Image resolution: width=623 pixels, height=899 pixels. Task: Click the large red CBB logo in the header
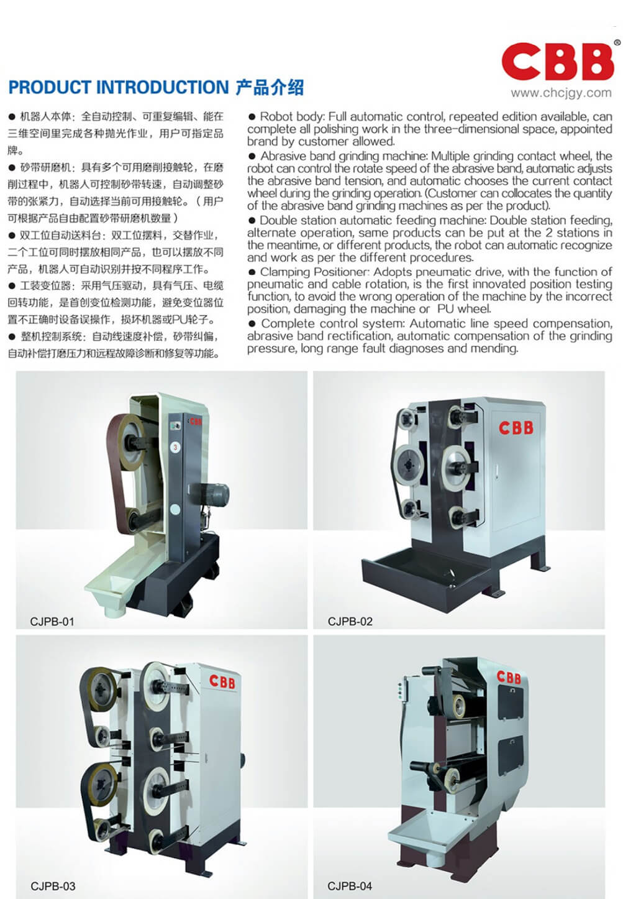557,61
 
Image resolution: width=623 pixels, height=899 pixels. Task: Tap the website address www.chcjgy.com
561,93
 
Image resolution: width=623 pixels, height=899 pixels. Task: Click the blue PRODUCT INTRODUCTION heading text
119,88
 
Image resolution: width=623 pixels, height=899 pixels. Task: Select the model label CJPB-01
52,622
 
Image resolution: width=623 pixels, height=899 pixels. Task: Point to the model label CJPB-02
350,621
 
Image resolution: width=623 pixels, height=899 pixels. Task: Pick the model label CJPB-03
53,886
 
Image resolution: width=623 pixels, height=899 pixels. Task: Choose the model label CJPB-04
350,885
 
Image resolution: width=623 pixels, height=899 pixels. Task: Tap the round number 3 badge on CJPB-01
175,447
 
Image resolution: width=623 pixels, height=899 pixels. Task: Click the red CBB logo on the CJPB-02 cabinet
516,428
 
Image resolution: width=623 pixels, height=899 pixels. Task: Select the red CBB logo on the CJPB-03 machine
222,681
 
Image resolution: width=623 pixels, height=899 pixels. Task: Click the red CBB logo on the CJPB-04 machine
509,678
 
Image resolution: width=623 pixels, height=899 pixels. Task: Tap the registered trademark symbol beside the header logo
617,42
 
